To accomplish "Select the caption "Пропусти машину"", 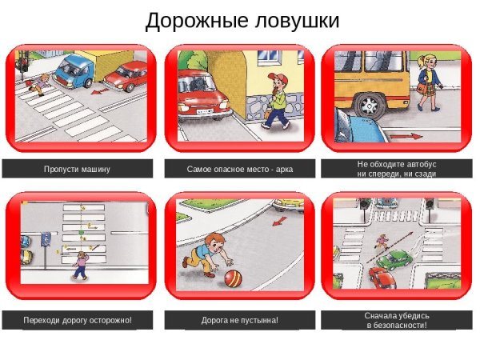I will click(x=77, y=170).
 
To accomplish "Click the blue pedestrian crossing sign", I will click(x=46, y=238).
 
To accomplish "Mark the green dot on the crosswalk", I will click(x=80, y=231).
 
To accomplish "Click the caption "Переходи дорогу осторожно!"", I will click(x=77, y=320).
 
